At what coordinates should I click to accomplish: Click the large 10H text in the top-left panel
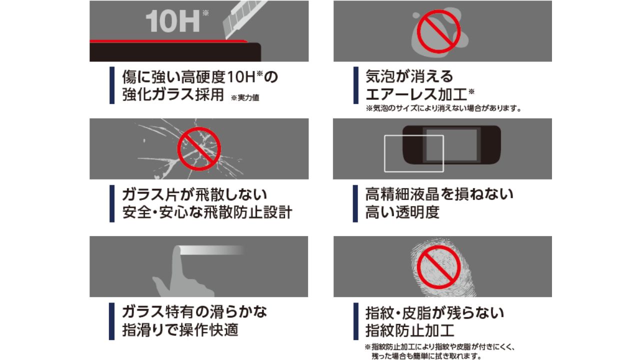(173, 21)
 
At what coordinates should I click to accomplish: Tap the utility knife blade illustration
(244, 18)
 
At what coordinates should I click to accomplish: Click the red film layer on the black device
(168, 41)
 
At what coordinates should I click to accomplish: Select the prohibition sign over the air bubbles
(438, 31)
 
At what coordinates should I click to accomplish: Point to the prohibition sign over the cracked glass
(199, 149)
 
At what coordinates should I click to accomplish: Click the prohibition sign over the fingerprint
(438, 267)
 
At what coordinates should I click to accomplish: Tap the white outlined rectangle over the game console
(414, 153)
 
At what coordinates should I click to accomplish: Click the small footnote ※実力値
(245, 97)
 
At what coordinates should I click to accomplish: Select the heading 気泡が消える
(409, 76)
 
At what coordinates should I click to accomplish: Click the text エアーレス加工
(416, 94)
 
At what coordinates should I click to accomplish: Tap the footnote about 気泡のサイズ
(443, 108)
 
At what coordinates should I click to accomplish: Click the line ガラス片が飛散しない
(194, 194)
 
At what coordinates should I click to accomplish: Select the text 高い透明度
(402, 212)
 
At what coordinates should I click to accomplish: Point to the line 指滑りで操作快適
(180, 330)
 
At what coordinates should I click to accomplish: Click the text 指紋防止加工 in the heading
(409, 330)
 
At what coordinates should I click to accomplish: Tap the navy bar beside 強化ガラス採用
(112, 85)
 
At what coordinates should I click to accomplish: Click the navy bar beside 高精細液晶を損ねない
(355, 203)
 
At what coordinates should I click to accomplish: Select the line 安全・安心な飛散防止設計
(207, 212)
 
